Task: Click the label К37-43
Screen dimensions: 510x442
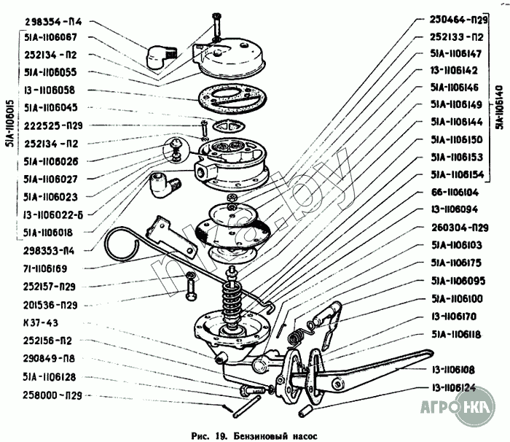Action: [x=41, y=322]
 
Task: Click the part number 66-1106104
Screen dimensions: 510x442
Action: [x=453, y=193]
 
